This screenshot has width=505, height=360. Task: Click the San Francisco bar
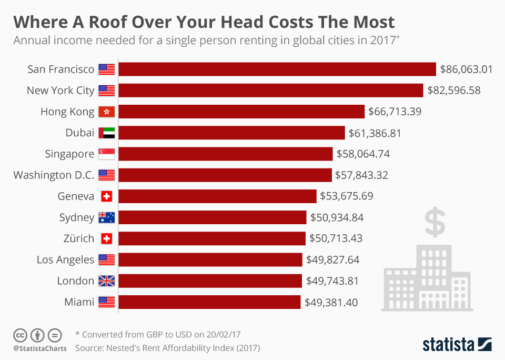[277, 69]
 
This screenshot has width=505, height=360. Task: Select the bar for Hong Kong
[241, 112]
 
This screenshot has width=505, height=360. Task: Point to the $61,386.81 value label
[375, 133]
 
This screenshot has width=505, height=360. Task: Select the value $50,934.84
[337, 217]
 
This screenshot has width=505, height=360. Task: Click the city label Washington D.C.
[54, 175]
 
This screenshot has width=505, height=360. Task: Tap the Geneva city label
[76, 196]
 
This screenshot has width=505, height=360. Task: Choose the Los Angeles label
[65, 259]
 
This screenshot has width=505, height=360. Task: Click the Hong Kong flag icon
[106, 112]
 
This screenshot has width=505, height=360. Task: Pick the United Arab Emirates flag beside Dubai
[106, 133]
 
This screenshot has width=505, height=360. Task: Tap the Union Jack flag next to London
[106, 281]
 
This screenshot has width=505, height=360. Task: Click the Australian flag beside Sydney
[106, 217]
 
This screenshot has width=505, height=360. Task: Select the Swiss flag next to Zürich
[106, 238]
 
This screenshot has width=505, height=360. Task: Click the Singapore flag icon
[106, 154]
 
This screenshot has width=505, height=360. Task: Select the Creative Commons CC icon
[20, 335]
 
